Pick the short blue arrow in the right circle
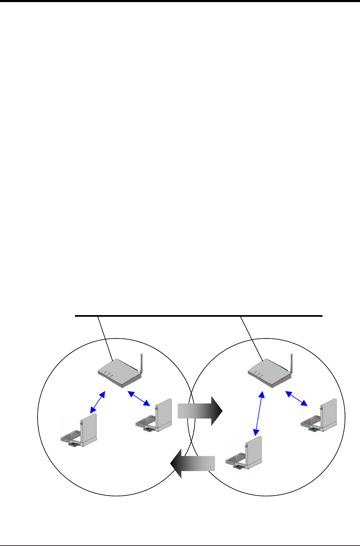point(296,398)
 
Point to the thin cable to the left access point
point(105,338)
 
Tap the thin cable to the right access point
point(251,338)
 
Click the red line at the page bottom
point(180,545)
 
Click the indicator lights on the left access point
point(109,374)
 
